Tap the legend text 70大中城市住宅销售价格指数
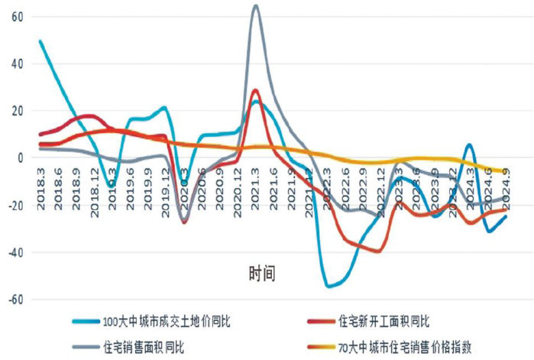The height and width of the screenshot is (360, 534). coord(406,346)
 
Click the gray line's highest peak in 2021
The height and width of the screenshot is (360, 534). coord(255,6)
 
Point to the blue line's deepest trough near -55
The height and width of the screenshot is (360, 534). coord(329,286)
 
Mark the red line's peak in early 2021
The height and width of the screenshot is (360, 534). coord(255,90)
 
